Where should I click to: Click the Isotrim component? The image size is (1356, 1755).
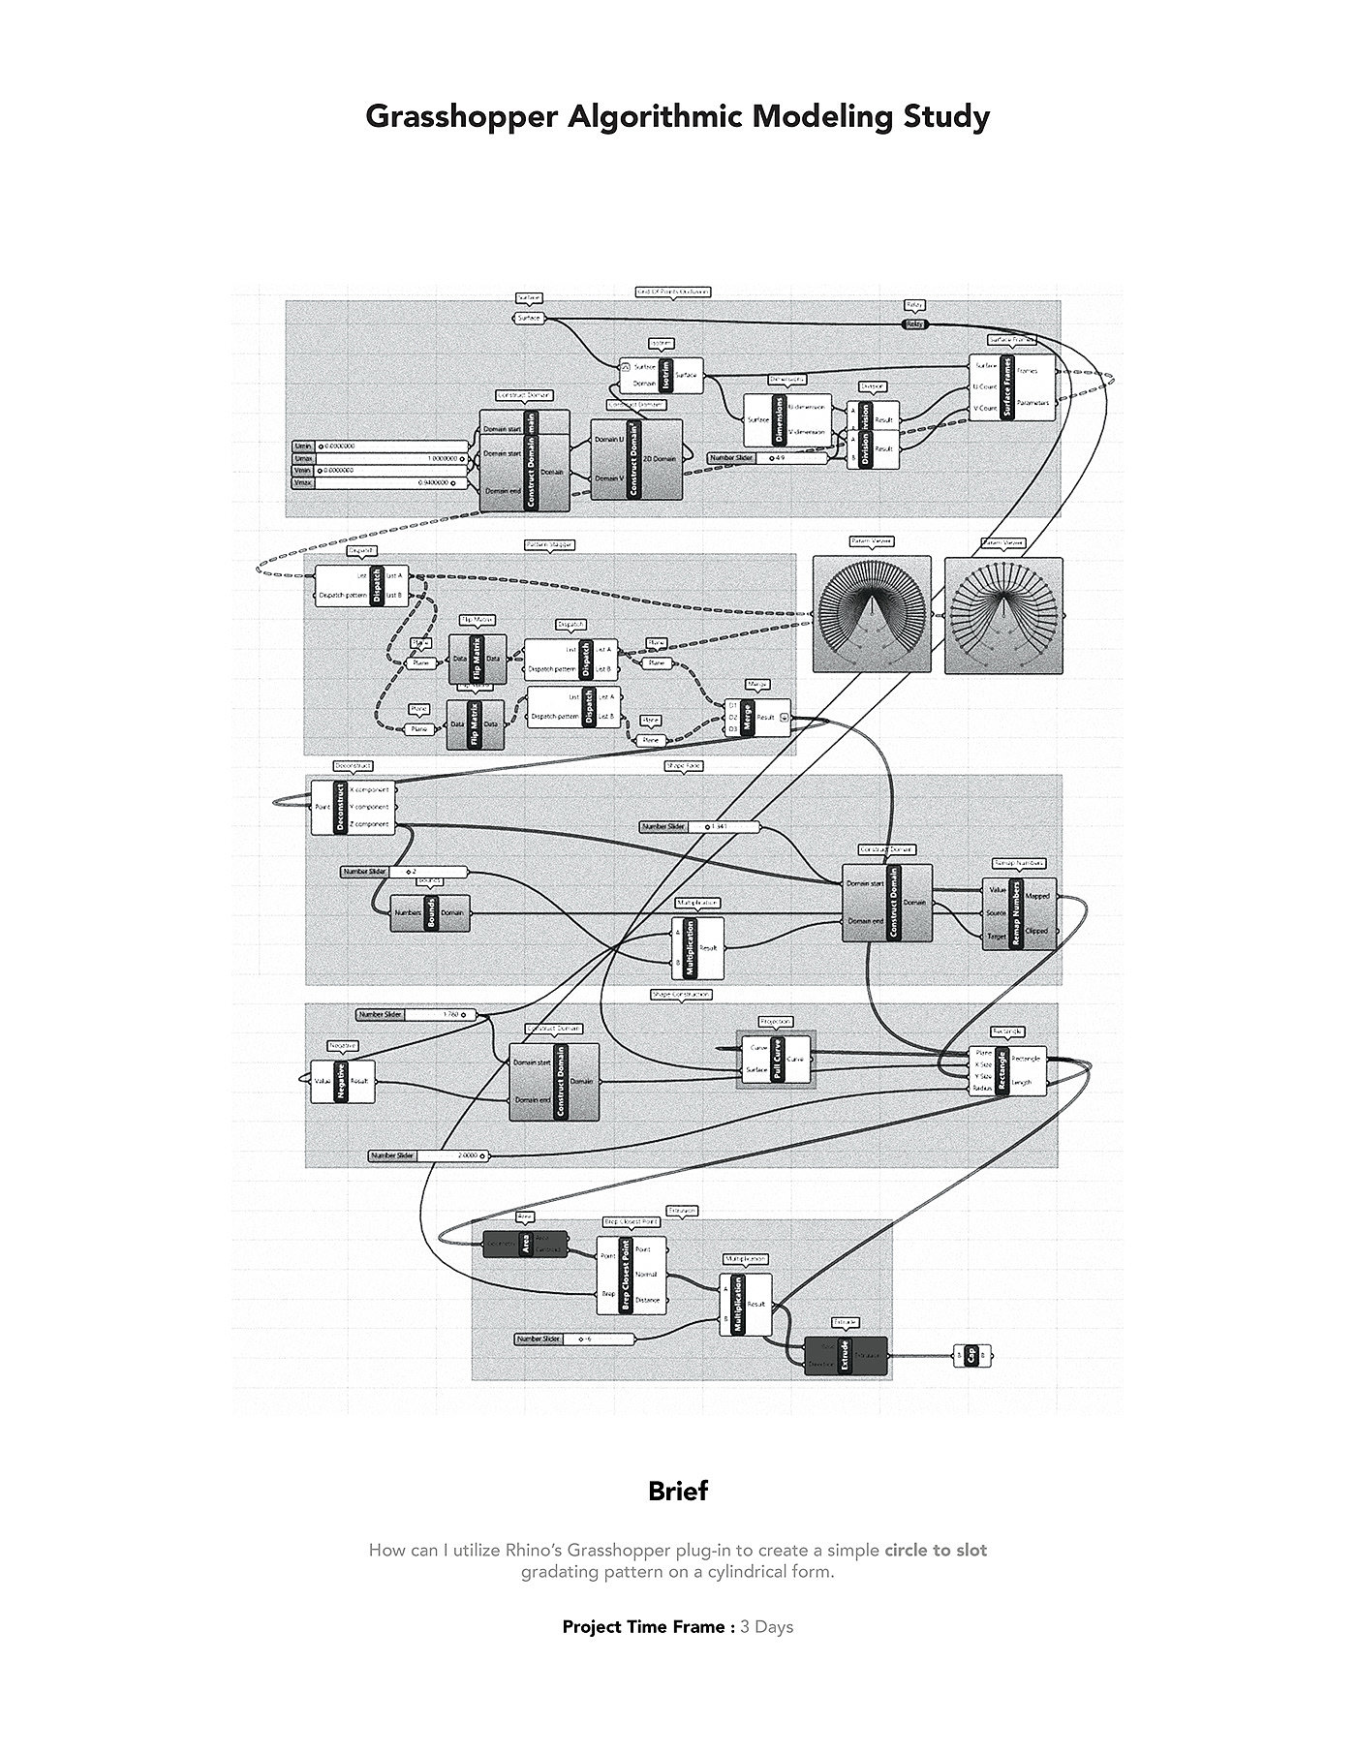[x=662, y=375]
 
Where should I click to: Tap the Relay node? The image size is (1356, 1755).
[x=914, y=323]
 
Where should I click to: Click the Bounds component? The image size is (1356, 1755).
[x=430, y=911]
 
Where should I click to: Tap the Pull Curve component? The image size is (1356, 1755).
[x=775, y=1059]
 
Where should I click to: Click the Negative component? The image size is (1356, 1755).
[x=342, y=1081]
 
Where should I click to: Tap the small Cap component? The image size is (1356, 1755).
[x=972, y=1355]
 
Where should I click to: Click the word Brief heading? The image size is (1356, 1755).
[x=678, y=1491]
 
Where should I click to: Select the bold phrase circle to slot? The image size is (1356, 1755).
[x=935, y=1550]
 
